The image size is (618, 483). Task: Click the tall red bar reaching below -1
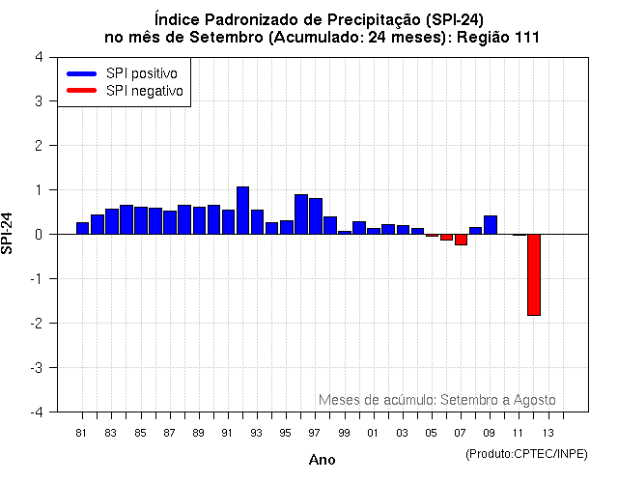(533, 274)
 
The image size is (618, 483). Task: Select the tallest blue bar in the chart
(242, 211)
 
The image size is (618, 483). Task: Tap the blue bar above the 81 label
(82, 228)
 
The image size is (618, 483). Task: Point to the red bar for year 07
(461, 240)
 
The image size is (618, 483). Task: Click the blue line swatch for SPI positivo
(81, 73)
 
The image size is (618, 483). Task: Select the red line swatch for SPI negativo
(81, 91)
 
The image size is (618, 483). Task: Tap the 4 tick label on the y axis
(38, 57)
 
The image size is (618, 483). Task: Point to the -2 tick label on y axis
(36, 324)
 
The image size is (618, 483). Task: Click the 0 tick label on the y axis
(38, 235)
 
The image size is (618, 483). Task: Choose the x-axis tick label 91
(227, 433)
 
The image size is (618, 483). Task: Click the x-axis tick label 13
(548, 433)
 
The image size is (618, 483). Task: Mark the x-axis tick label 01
(373, 433)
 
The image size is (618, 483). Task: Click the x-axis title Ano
(322, 460)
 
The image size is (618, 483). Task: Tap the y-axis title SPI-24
(9, 234)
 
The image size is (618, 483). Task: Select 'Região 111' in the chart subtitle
(502, 37)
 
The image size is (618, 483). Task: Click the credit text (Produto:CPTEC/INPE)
(527, 453)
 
